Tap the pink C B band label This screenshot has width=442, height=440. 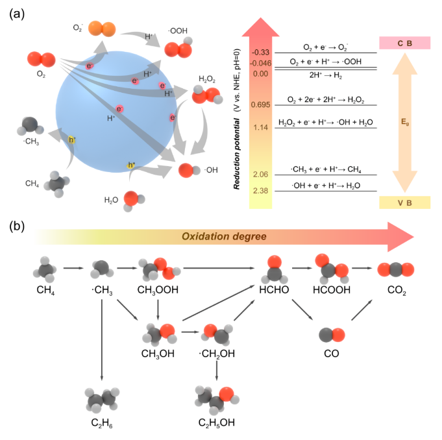(x=404, y=43)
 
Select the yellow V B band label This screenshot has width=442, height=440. (x=404, y=202)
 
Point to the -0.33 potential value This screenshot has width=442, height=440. (x=261, y=52)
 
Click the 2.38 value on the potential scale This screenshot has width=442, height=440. (x=260, y=190)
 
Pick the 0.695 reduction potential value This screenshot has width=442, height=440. (x=260, y=104)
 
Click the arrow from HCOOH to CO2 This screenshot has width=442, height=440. (x=360, y=266)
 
